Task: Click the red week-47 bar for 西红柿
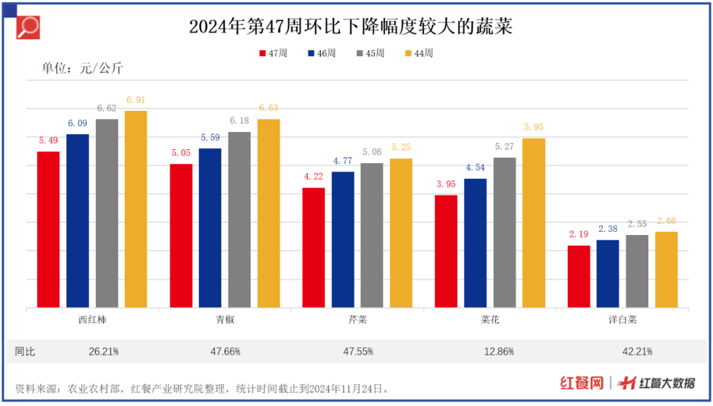point(48,230)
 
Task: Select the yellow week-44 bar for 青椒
point(269,213)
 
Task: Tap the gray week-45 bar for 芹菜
point(372,235)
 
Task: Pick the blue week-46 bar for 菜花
point(475,243)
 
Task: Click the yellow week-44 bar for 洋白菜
point(666,269)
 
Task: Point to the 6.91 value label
point(135,100)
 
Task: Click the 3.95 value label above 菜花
point(446,184)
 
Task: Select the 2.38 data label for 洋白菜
point(607,229)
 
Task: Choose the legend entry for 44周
point(419,53)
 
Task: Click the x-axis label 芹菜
point(357,320)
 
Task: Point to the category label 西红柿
point(92,320)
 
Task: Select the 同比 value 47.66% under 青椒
point(225,352)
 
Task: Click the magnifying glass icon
point(28,28)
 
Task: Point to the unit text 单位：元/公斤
point(83,68)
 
